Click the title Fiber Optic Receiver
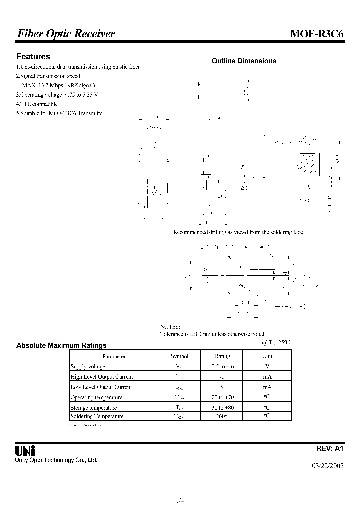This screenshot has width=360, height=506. click(66, 34)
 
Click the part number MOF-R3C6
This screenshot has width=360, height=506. click(316, 34)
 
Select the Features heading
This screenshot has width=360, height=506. click(33, 57)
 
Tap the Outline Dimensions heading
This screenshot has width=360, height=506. click(244, 61)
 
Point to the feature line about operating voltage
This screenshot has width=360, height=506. click(57, 94)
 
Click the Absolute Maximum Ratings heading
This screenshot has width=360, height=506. click(61, 345)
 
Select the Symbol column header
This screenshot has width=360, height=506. click(180, 356)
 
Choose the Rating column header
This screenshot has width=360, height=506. click(222, 356)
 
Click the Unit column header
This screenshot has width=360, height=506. click(267, 356)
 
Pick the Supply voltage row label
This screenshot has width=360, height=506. click(88, 366)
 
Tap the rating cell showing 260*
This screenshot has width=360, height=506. click(222, 416)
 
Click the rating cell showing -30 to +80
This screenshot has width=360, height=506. click(222, 407)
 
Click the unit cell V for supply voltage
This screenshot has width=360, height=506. click(267, 366)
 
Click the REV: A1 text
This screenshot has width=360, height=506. click(331, 449)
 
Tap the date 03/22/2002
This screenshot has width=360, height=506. click(328, 466)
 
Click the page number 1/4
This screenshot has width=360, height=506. click(180, 500)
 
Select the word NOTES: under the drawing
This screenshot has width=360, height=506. click(170, 326)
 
